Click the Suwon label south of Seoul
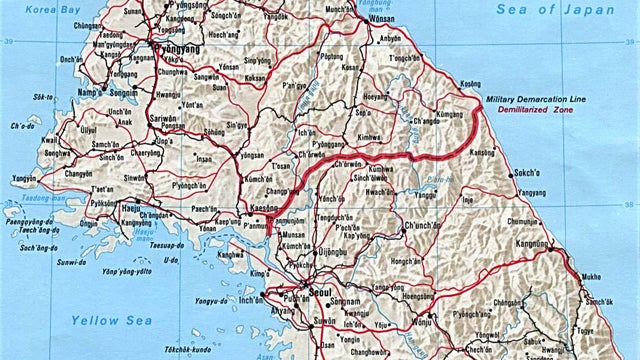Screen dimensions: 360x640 pos(297,322)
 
